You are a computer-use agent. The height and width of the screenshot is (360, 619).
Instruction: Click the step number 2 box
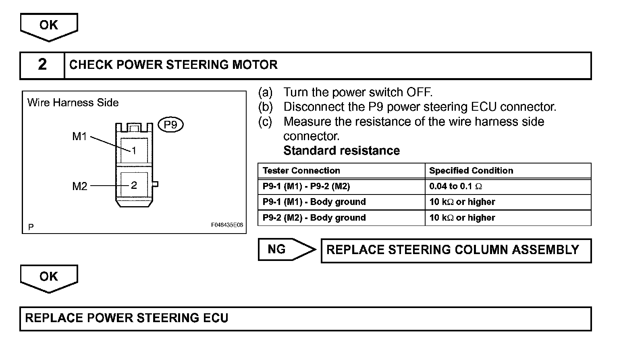[42, 65]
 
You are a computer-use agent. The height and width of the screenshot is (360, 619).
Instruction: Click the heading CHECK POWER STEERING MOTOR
[173, 65]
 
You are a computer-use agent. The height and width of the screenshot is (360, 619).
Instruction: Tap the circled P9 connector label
[171, 125]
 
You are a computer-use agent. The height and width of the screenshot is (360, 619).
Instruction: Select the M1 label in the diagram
[79, 137]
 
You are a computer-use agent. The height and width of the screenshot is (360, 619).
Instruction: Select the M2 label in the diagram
[79, 186]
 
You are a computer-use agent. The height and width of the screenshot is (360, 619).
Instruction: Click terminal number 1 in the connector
[134, 151]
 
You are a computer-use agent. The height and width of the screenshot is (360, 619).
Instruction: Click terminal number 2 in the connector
[134, 185]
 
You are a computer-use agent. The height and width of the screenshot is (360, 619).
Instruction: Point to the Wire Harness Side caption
[73, 103]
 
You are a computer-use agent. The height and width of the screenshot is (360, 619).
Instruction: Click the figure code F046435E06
[227, 226]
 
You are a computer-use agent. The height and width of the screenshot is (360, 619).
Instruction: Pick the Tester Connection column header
[301, 171]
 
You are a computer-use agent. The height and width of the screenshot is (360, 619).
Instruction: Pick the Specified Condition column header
[471, 171]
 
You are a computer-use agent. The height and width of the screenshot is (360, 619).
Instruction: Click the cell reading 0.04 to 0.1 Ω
[456, 186]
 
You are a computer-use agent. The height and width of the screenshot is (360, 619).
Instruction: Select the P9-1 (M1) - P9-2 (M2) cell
[306, 186]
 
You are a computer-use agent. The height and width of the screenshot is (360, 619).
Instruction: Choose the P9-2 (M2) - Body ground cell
[314, 218]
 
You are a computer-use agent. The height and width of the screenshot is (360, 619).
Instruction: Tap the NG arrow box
[282, 250]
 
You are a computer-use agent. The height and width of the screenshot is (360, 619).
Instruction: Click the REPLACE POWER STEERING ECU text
[127, 318]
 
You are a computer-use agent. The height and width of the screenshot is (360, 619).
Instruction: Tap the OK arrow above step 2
[49, 26]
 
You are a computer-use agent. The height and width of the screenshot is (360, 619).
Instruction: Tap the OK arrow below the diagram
[49, 277]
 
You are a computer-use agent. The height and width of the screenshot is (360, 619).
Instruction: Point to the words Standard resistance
[341, 151]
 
